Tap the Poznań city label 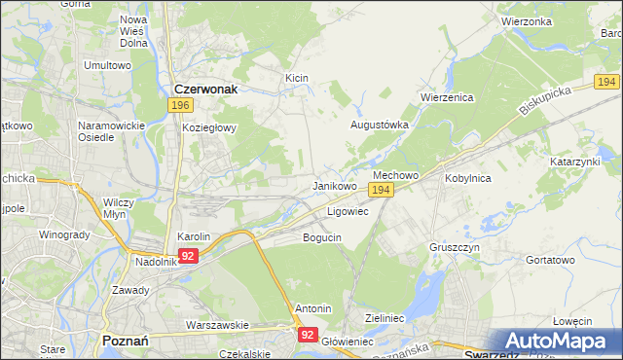tap(124, 341)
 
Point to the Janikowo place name tap(334, 185)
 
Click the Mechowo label tap(395, 175)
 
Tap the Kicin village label tap(296, 77)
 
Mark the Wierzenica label tap(446, 97)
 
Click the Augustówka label tap(379, 126)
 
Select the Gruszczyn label tap(454, 248)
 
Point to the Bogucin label tap(322, 237)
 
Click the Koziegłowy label tap(209, 127)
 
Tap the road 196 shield tap(179, 104)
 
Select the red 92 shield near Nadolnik tap(188, 256)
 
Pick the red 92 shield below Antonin tap(308, 334)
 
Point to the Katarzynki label tap(575, 161)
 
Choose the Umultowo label tap(107, 65)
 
